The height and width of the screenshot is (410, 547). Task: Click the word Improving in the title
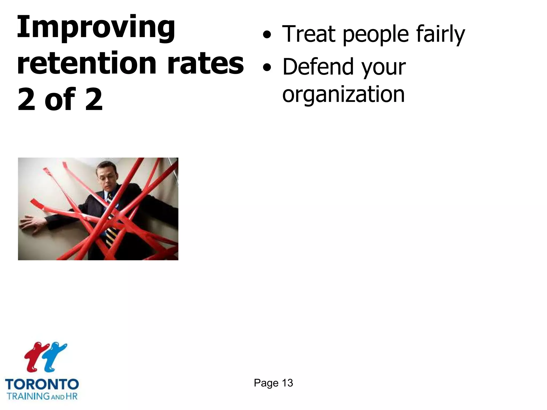[96, 28]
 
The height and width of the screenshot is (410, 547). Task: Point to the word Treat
[309, 34]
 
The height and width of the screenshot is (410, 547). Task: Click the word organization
[343, 95]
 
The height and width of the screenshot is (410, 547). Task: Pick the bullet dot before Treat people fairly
[267, 35]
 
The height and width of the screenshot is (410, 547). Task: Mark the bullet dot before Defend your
[267, 67]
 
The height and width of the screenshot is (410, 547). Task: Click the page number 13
[287, 383]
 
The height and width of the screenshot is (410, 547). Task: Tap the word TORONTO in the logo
[42, 384]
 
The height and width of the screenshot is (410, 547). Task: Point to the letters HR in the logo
[71, 396]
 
